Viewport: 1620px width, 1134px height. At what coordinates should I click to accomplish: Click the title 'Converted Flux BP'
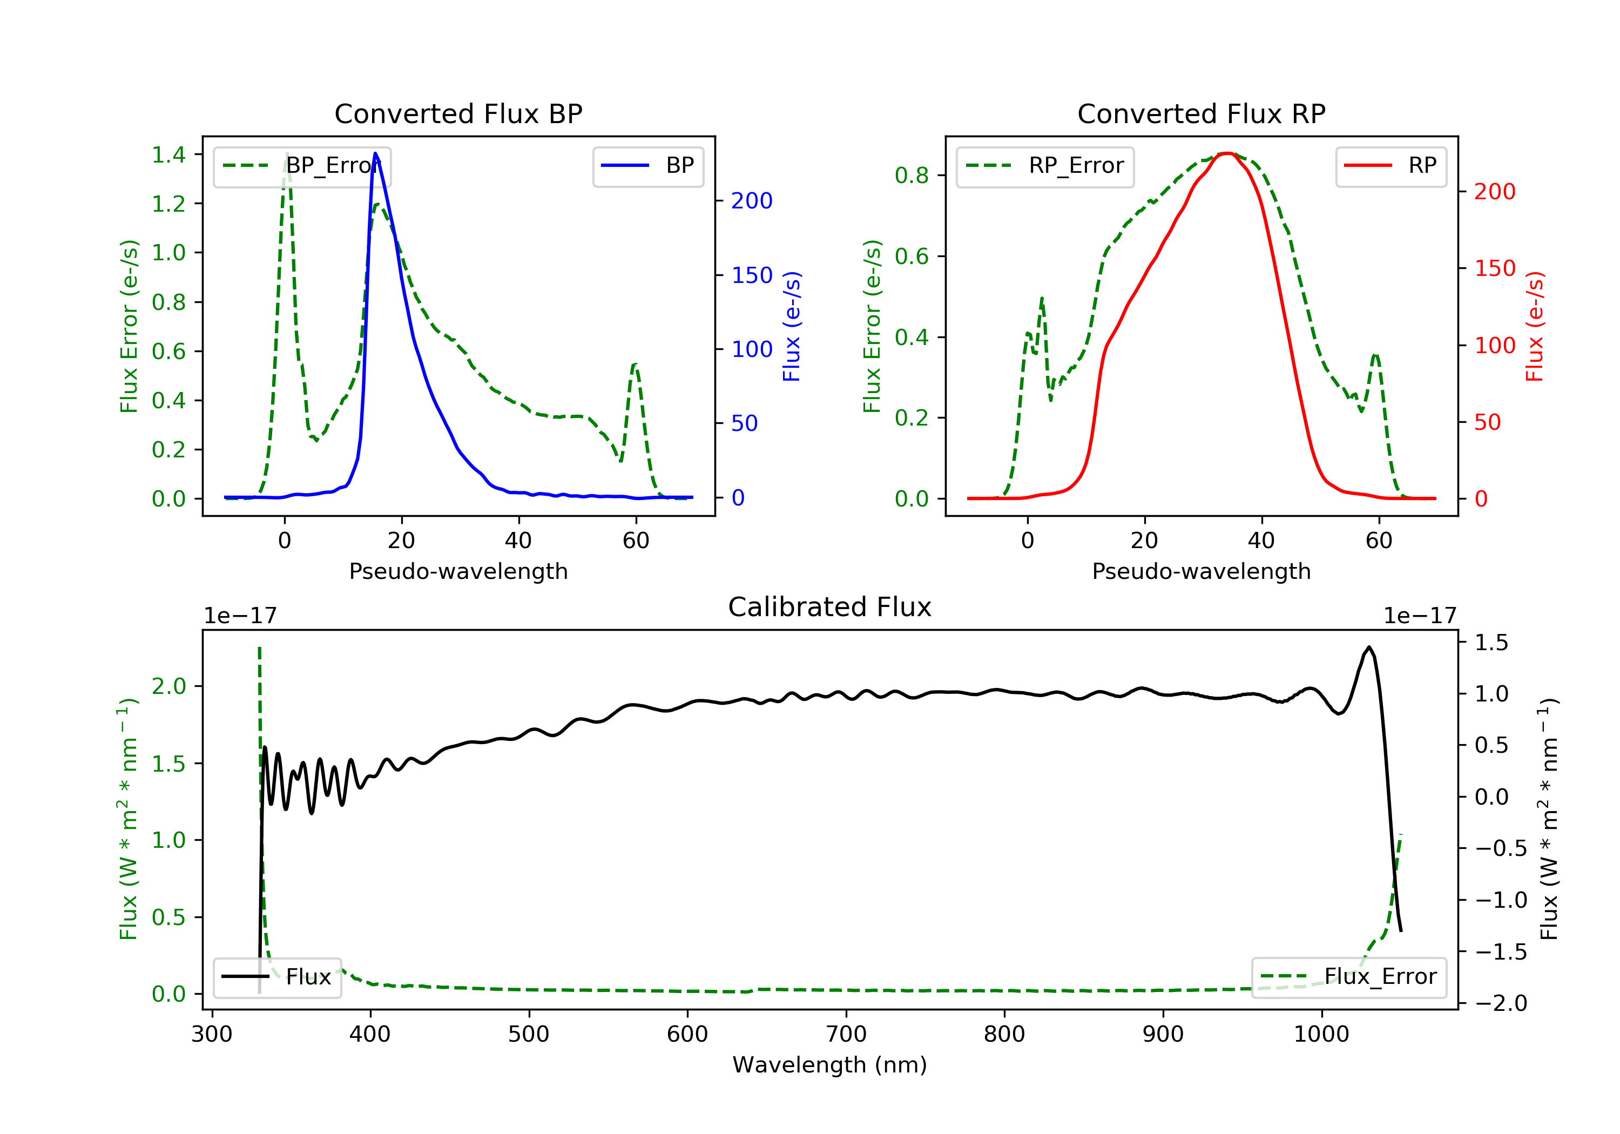tap(458, 113)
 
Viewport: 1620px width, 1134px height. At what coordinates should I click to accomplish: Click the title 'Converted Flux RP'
tap(1201, 113)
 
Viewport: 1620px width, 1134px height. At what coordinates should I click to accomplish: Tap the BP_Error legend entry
tap(302, 166)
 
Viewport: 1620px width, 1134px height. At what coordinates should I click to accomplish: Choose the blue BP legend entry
tap(647, 166)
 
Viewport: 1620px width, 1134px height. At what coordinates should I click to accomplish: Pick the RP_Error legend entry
tap(1045, 166)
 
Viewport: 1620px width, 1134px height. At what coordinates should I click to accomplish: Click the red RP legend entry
tap(1390, 166)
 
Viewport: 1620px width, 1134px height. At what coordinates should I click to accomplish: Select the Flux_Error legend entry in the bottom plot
tap(1349, 977)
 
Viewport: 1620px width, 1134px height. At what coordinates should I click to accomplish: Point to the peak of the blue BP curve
tap(375, 154)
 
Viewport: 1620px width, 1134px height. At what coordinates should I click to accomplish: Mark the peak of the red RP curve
tap(1228, 153)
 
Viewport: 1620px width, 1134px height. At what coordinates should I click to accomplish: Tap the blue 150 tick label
tap(752, 275)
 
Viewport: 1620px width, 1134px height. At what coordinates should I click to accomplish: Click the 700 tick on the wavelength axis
tap(846, 1035)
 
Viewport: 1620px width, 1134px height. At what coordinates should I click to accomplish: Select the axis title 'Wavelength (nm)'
tap(830, 1065)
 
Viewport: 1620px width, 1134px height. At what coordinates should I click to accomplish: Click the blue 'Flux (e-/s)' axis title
tap(792, 326)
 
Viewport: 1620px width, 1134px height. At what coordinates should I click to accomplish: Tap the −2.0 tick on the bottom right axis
tap(1501, 1003)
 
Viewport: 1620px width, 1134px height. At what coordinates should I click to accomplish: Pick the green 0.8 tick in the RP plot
tap(912, 175)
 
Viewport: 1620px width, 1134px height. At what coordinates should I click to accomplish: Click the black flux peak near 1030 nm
tap(1369, 647)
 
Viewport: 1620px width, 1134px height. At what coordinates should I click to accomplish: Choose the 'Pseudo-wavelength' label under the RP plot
tap(1201, 571)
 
